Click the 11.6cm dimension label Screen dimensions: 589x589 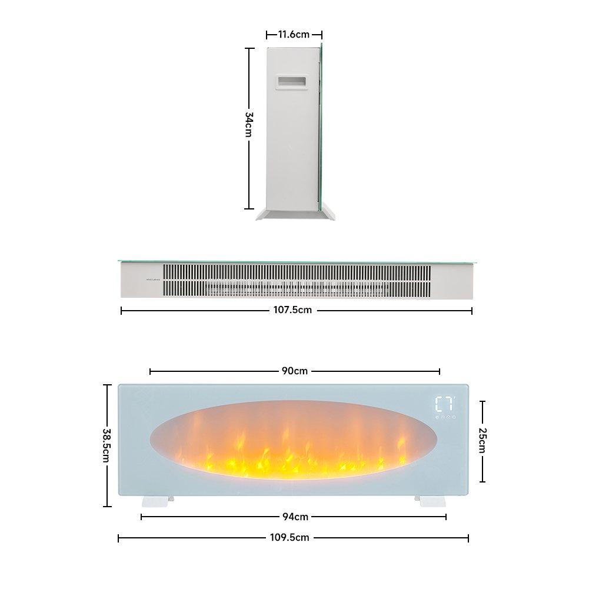[x=294, y=35]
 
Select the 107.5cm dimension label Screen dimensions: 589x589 [x=296, y=311]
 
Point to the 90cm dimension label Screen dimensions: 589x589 [x=295, y=371]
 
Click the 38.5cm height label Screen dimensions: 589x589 [x=107, y=445]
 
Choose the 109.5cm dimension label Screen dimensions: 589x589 [x=293, y=538]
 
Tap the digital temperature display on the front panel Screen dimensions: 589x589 [x=445, y=405]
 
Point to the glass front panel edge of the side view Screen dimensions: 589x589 [x=321, y=129]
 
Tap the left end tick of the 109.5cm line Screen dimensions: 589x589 [x=119, y=538]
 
